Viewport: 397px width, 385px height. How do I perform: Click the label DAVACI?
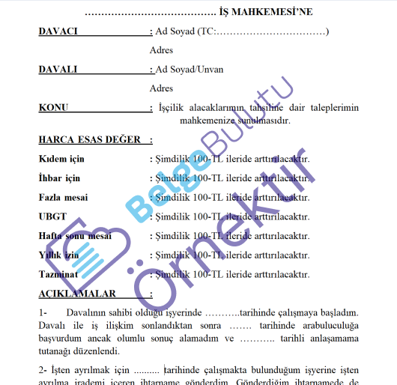click(58, 31)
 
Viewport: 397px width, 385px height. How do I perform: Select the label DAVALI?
click(58, 70)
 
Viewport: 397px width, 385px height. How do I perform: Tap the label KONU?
click(54, 108)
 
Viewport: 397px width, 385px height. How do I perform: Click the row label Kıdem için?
click(61, 160)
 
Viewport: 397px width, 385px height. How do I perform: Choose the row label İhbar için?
click(59, 178)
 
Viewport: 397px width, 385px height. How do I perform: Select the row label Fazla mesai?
click(63, 198)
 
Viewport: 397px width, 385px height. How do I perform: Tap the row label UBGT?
click(52, 216)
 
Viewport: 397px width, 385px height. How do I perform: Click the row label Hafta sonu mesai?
click(75, 236)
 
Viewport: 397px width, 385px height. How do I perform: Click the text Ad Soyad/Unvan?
click(190, 70)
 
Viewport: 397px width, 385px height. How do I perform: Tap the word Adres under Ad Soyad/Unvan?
click(162, 88)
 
